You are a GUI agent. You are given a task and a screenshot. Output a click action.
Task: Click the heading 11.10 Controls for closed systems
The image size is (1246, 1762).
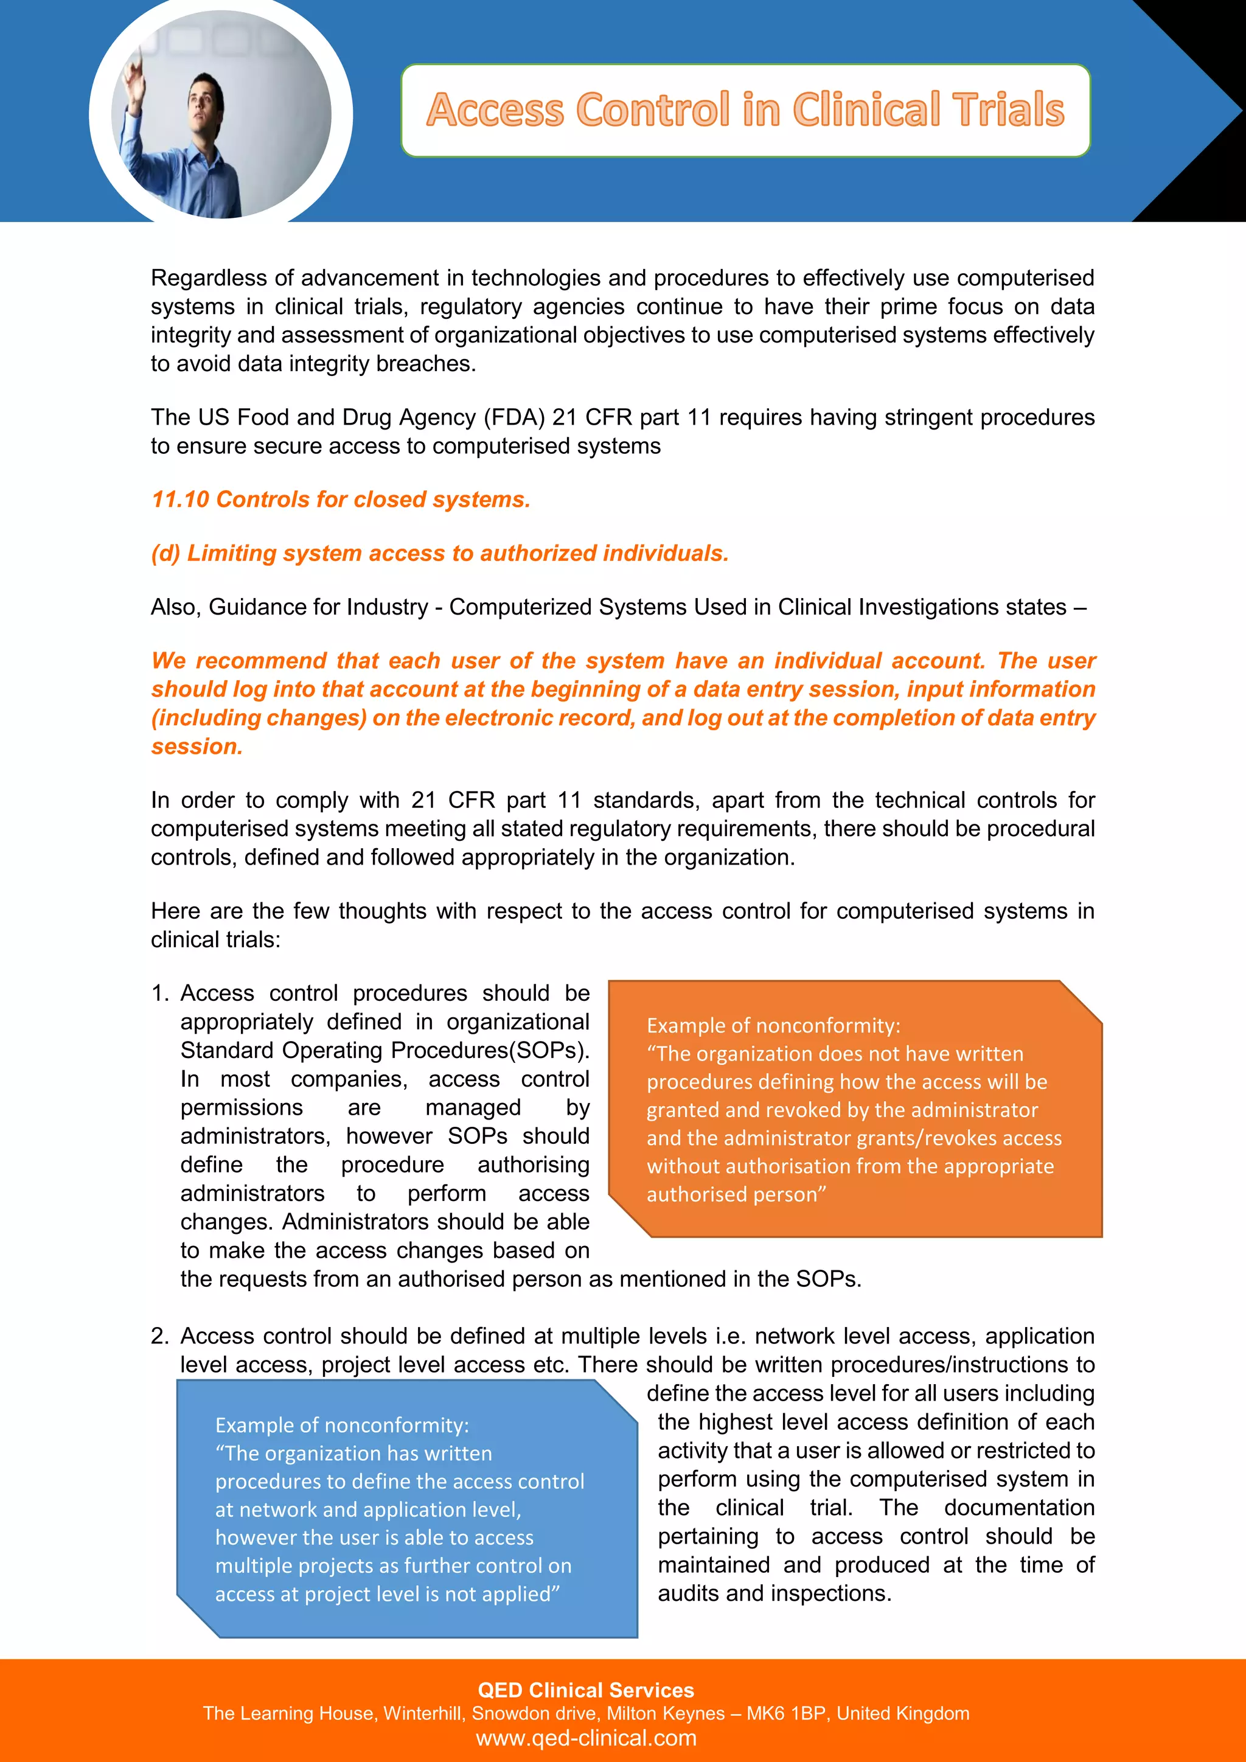(341, 500)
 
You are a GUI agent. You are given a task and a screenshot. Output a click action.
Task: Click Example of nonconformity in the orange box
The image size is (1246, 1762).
(773, 1026)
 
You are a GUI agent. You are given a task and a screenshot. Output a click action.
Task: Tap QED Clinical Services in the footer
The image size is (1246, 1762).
(585, 1690)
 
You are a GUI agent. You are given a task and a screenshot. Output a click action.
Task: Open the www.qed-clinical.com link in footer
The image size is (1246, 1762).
(585, 1738)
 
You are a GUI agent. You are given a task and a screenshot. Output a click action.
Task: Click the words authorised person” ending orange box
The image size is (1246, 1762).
(736, 1195)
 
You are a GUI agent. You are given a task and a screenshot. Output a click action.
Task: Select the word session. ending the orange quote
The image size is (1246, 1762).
(197, 747)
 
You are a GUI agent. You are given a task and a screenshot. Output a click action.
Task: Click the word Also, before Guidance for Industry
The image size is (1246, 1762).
(176, 607)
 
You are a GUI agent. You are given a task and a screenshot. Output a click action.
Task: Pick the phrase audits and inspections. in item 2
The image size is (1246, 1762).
(774, 1594)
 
